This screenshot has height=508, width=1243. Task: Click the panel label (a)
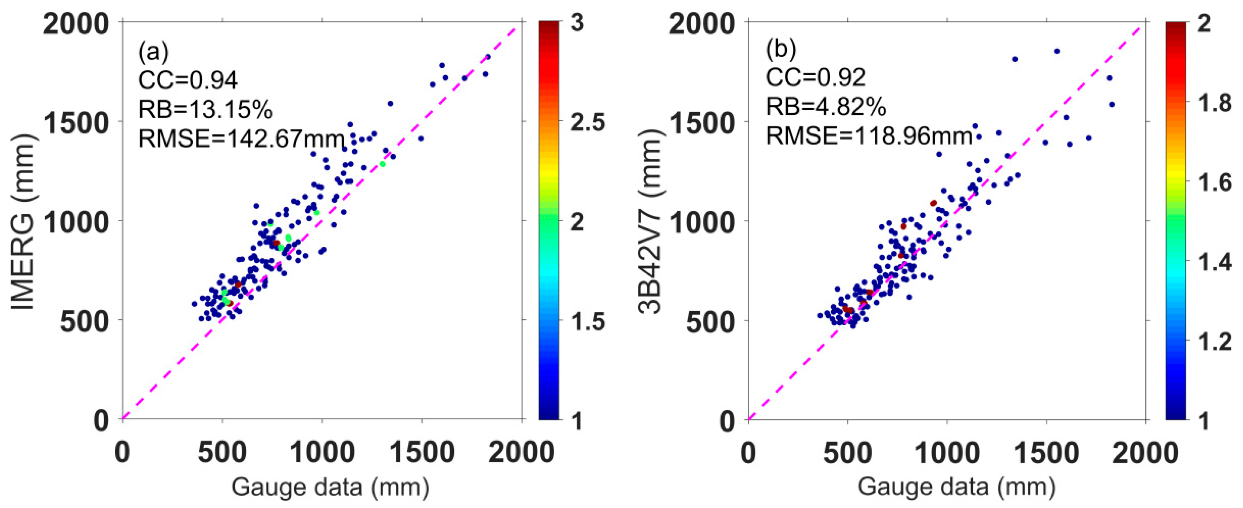153,52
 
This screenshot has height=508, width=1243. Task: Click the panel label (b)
781,49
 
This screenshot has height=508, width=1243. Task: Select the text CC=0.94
188,80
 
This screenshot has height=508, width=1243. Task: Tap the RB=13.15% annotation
205,110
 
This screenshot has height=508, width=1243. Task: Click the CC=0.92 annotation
816,77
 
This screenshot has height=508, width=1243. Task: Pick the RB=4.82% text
826,107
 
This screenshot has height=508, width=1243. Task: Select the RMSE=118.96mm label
869,137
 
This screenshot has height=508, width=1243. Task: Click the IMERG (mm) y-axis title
23,221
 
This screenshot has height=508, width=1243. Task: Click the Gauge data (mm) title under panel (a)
330,487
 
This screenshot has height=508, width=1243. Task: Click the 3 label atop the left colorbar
577,23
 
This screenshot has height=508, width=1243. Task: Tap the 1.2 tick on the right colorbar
1216,342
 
